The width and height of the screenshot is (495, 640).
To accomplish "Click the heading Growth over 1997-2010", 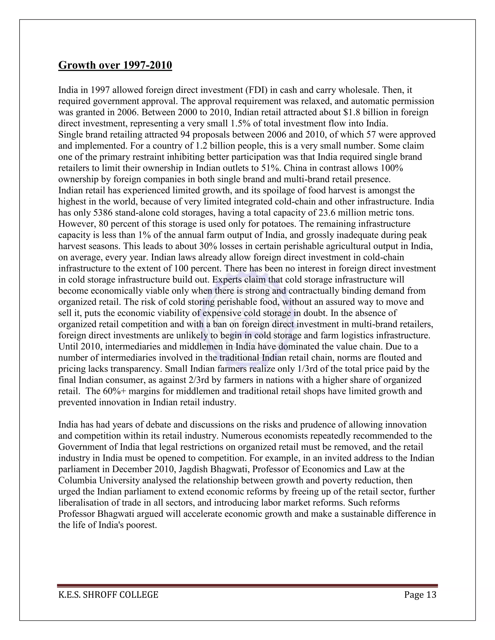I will tap(115, 65).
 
